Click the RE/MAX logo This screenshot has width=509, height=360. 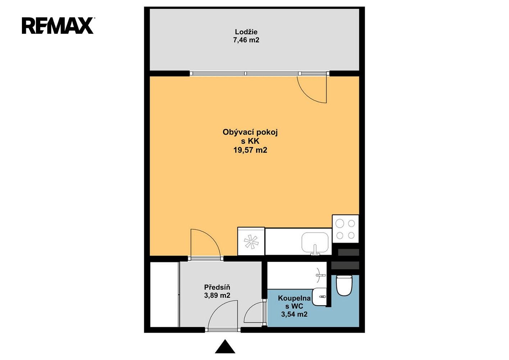[58, 26]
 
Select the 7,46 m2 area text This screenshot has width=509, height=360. [246, 40]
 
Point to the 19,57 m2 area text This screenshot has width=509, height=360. [250, 150]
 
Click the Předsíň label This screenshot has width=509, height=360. [217, 287]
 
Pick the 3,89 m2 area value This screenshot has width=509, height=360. [217, 296]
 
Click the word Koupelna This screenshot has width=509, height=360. [294, 298]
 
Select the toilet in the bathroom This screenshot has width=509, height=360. [344, 285]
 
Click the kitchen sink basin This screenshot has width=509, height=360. [315, 242]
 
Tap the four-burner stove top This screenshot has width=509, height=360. [345, 229]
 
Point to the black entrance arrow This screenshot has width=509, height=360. [225, 347]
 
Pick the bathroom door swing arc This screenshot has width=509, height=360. [253, 312]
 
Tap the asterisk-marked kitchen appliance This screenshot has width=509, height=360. [251, 242]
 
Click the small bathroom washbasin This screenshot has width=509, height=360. [319, 296]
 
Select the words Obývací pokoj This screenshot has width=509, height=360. [250, 132]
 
